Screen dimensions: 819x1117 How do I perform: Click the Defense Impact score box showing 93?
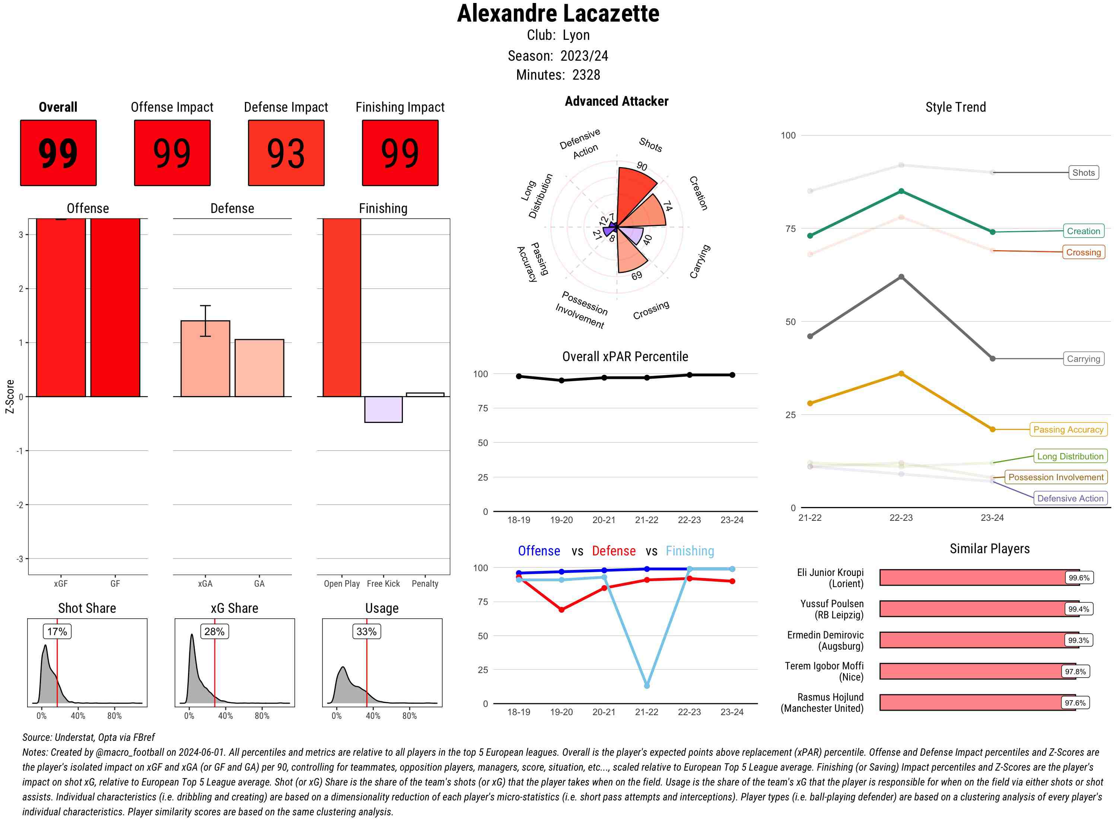click(x=286, y=153)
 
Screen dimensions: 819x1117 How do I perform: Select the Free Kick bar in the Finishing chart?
click(x=383, y=409)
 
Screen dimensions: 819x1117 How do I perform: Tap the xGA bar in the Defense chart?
click(x=205, y=358)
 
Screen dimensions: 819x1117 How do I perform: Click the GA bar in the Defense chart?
click(x=259, y=368)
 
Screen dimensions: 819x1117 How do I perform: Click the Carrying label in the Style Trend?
click(x=1083, y=359)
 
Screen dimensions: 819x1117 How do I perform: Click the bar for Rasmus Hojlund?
click(x=977, y=702)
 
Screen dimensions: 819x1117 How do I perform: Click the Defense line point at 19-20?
click(x=561, y=610)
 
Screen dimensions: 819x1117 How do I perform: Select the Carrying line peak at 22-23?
click(x=901, y=277)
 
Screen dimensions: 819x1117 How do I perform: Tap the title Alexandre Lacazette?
click(x=558, y=13)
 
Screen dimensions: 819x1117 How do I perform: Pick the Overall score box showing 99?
click(x=58, y=153)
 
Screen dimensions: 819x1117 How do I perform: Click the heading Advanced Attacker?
click(x=616, y=101)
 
